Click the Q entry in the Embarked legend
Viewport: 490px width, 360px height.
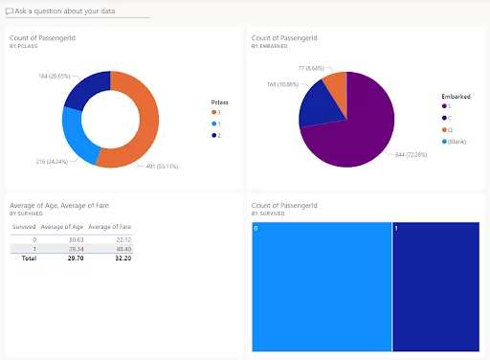(x=446, y=130)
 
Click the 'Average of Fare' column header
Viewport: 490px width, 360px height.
(x=109, y=227)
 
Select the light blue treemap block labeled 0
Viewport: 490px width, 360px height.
(x=321, y=287)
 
